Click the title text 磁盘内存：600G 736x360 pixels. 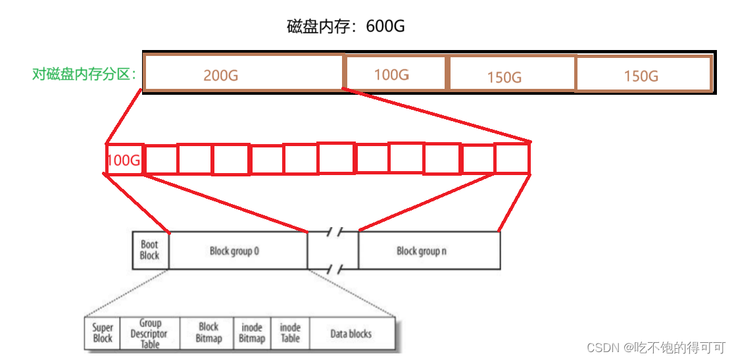(x=345, y=26)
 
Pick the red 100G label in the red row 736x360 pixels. (x=124, y=160)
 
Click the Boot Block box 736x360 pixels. (x=150, y=250)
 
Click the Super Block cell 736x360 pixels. (x=103, y=333)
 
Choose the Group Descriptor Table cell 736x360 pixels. (x=150, y=334)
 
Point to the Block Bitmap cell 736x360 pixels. (x=209, y=333)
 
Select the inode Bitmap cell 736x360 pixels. (x=252, y=333)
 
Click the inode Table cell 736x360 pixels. (x=290, y=333)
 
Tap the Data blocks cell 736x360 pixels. (x=351, y=334)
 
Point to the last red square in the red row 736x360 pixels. (x=512, y=159)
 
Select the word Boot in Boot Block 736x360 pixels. (x=150, y=245)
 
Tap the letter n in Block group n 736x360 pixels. (x=445, y=251)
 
